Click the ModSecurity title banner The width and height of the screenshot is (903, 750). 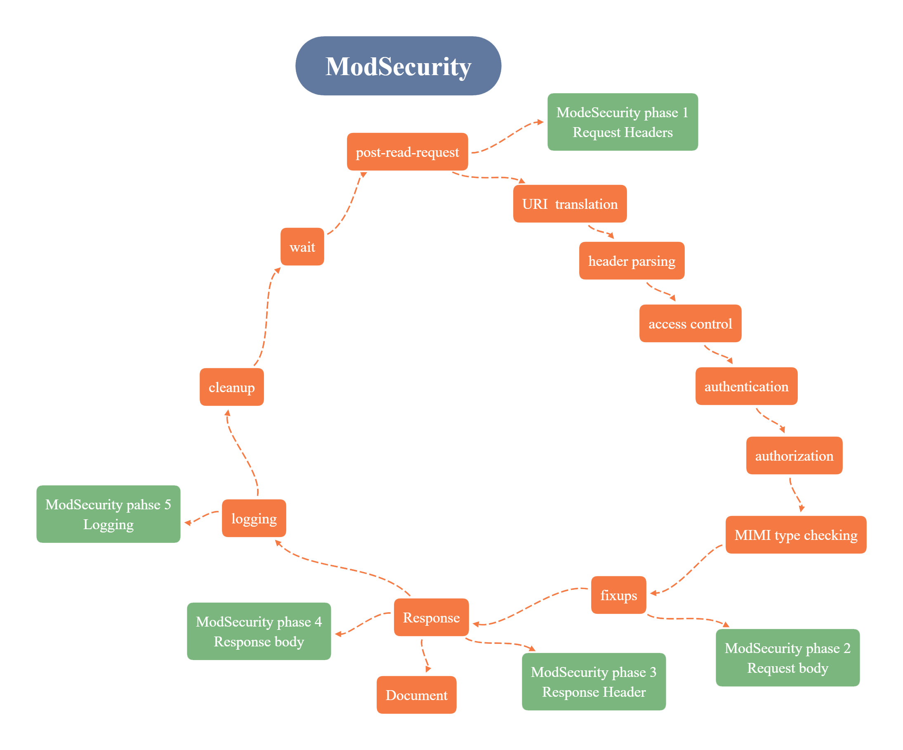coord(398,66)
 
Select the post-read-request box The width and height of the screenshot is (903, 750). coord(407,151)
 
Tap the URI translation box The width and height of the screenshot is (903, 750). coord(570,203)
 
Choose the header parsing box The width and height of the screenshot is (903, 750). coord(632,261)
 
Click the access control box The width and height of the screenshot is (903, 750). coord(690,324)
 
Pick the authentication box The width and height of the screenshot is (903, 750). coord(747,386)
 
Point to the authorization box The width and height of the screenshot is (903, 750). coord(794,456)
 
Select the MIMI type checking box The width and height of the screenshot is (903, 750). coord(796,535)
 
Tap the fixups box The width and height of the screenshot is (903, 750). coord(618,595)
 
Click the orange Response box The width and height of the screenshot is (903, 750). coord(431,618)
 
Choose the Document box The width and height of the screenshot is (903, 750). coord(416,695)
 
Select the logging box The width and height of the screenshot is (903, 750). coord(254,518)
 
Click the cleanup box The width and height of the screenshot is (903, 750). coord(231,387)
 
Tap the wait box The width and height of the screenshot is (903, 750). coord(302,246)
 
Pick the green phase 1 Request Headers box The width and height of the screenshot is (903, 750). coord(622,122)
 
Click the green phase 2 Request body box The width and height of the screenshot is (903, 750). coord(788,658)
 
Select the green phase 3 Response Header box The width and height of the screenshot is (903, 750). coord(594,681)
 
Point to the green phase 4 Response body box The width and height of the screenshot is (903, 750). coord(259,631)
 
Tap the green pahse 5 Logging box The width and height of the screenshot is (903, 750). coord(108,514)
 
